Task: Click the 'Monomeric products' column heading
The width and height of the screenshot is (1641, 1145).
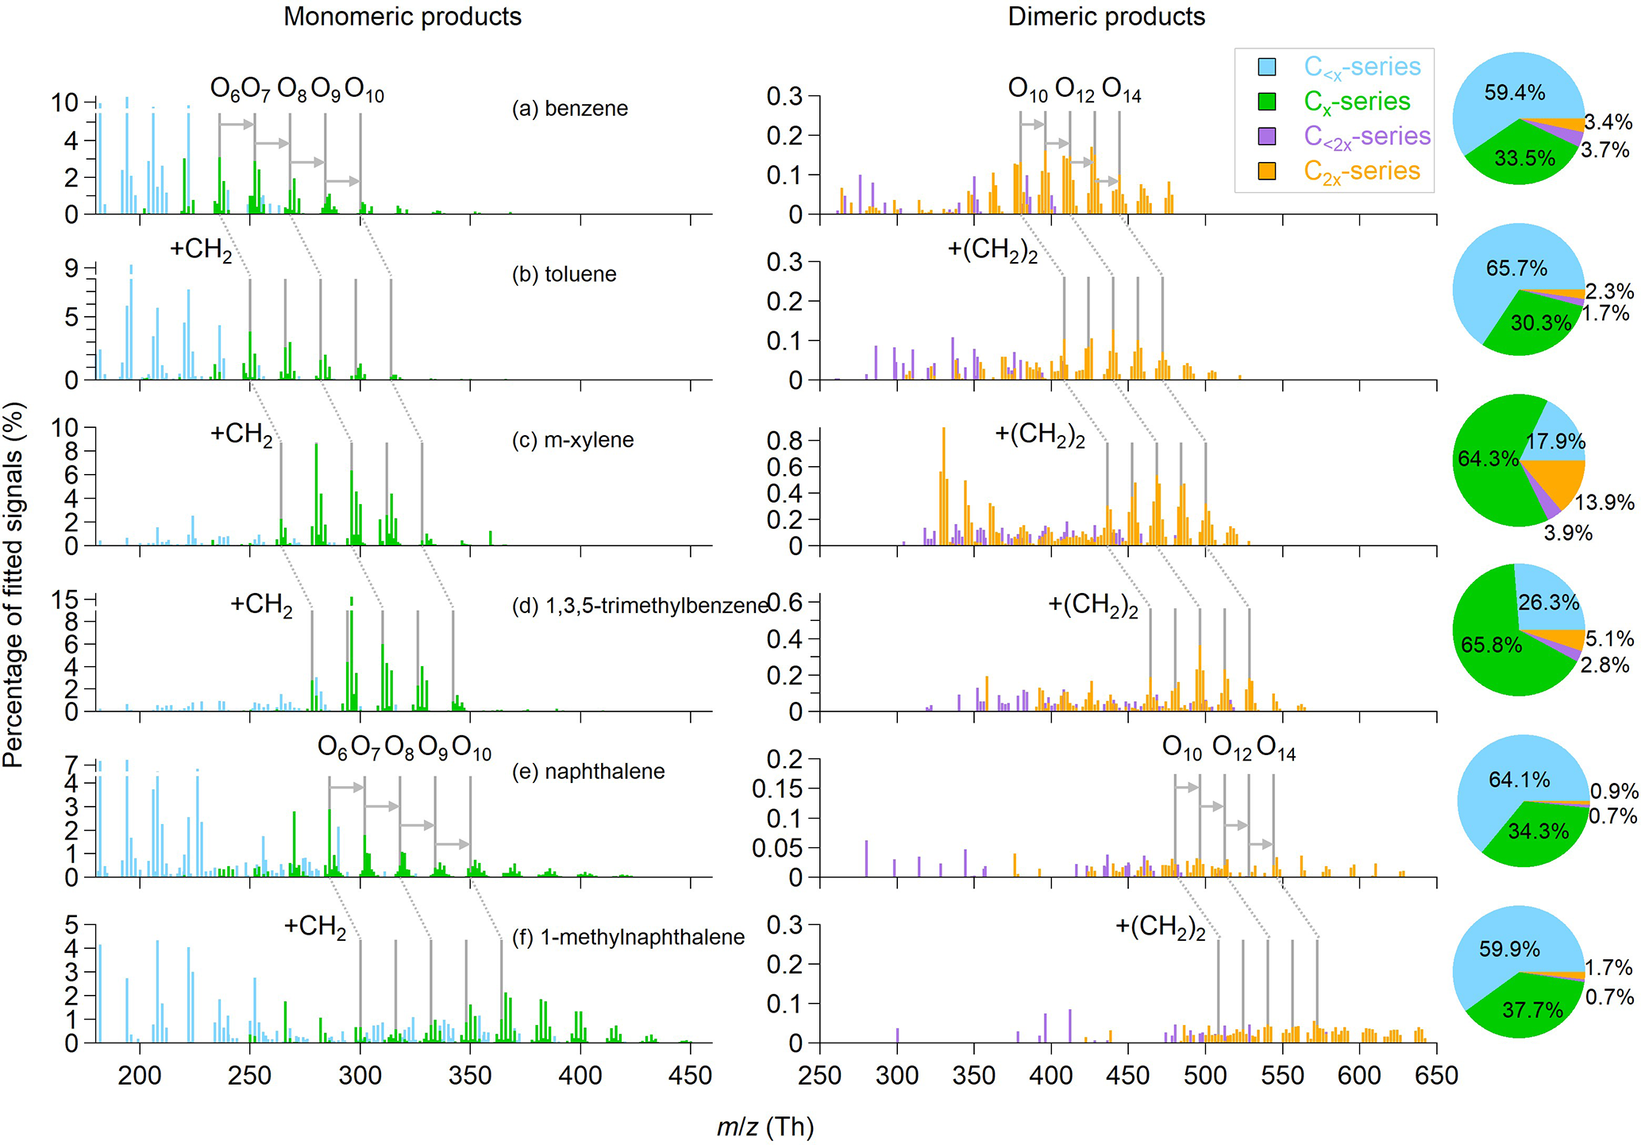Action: [x=403, y=17]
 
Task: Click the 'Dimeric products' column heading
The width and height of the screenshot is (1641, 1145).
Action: [x=1106, y=17]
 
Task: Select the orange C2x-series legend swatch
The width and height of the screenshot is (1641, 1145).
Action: [x=1267, y=171]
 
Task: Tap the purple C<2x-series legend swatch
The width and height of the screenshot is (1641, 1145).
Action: [x=1267, y=136]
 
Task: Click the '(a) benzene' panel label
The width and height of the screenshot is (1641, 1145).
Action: [x=569, y=108]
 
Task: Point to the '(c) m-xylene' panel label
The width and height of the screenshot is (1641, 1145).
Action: [x=572, y=440]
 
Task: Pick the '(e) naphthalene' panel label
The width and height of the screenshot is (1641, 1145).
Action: [x=588, y=771]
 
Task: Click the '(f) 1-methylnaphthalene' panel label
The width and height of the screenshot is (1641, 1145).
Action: [x=628, y=937]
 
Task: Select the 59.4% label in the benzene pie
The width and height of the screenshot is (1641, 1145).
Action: [x=1515, y=93]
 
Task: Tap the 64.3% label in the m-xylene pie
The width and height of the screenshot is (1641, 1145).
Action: [x=1488, y=459]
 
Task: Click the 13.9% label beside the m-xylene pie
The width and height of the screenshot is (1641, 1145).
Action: [x=1604, y=503]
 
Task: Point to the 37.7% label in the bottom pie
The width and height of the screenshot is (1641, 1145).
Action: [x=1532, y=1010]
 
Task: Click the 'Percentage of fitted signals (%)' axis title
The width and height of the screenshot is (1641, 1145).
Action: [x=13, y=584]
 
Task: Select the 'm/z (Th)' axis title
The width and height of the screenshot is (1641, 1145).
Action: [x=765, y=1126]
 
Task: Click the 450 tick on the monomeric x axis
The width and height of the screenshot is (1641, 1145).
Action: [x=690, y=1076]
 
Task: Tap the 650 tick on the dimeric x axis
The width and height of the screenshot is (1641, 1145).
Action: [x=1436, y=1076]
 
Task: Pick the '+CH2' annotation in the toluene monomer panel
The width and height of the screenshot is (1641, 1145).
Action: [x=201, y=249]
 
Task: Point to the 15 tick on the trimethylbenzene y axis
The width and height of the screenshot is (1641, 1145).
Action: [x=65, y=599]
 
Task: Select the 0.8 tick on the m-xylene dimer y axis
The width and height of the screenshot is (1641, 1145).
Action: [x=783, y=441]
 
